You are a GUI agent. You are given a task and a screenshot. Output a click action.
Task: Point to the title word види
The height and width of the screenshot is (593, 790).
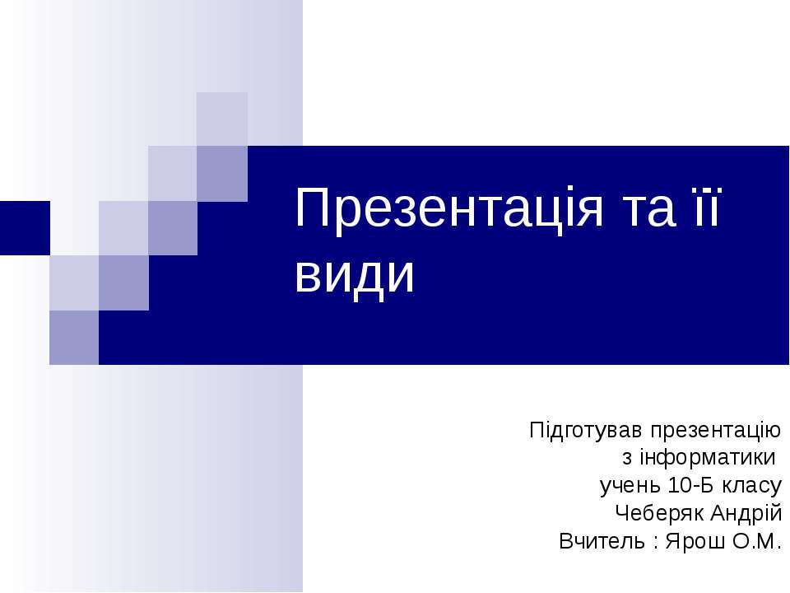point(355,278)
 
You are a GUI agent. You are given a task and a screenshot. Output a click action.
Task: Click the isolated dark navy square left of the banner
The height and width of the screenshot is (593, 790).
point(24,228)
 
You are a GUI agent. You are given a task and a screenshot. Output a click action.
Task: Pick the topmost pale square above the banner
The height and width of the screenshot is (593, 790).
point(222,118)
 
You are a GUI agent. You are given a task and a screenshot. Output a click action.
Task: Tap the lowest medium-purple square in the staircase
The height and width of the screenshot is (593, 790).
point(74,337)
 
